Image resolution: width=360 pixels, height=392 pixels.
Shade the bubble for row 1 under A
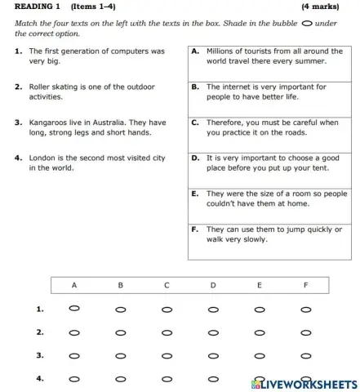click(74, 310)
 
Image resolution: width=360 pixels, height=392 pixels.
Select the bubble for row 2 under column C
click(167, 333)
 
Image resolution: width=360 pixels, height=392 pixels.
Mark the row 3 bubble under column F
click(306, 356)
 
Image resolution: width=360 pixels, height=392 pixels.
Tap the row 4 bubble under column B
click(121, 380)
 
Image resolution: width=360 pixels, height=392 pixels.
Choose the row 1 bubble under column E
click(260, 310)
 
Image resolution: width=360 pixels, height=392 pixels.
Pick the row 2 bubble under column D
click(213, 333)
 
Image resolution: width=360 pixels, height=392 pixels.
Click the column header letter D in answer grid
click(213, 286)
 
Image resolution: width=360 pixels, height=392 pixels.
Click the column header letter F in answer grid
click(306, 286)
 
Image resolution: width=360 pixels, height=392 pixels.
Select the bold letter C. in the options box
click(196, 122)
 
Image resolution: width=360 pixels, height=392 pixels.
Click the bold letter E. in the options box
click(196, 194)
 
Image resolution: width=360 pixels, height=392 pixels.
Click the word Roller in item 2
click(41, 86)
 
